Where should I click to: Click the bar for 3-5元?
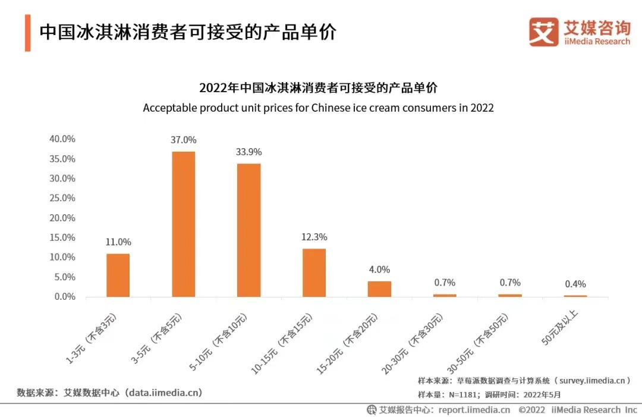pyautogui.click(x=184, y=224)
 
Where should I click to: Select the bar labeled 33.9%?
pyautogui.click(x=249, y=230)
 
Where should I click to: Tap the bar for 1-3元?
pyautogui.click(x=118, y=275)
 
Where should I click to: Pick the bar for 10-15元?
pyautogui.click(x=314, y=272)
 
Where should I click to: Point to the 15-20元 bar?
pyautogui.click(x=379, y=289)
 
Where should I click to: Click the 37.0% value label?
pyautogui.click(x=184, y=140)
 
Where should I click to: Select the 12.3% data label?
pyautogui.click(x=314, y=237)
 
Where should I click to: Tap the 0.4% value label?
pyautogui.click(x=575, y=284)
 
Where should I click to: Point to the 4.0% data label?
pyautogui.click(x=379, y=269)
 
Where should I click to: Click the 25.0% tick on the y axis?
pyautogui.click(x=62, y=198)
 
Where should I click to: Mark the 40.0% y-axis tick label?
pyautogui.click(x=62, y=139)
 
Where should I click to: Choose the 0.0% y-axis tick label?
pyautogui.click(x=64, y=296)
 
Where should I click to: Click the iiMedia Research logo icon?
pyautogui.click(x=543, y=32)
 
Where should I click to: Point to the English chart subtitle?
pyautogui.click(x=318, y=108)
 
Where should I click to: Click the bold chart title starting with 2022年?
pyautogui.click(x=318, y=88)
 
